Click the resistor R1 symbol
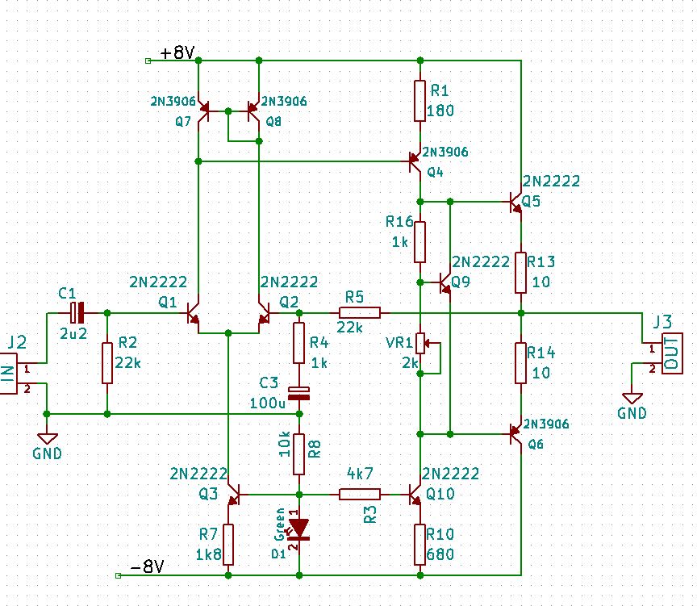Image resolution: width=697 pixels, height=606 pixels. click(419, 101)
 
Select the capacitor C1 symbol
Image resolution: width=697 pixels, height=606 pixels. click(77, 313)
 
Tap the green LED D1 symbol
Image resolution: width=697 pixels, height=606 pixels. click(298, 529)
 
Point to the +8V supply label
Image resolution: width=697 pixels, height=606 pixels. click(177, 53)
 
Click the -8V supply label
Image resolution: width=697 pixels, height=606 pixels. click(147, 567)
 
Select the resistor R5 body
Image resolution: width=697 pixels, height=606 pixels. click(360, 313)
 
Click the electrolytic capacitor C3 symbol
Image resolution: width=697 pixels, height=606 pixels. click(299, 394)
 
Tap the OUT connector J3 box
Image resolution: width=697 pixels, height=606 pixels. click(672, 353)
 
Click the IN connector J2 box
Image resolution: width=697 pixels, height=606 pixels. click(8, 374)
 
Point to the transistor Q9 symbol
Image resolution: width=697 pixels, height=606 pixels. click(444, 282)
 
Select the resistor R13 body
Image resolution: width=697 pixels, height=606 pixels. click(520, 273)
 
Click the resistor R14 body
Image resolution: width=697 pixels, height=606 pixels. click(520, 363)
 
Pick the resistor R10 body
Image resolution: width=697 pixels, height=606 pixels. click(419, 545)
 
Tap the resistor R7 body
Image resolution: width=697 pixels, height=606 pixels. click(228, 545)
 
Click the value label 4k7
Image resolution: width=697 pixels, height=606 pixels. click(360, 474)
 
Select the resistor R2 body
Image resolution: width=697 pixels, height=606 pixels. click(107, 363)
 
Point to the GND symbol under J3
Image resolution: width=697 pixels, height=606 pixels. click(632, 399)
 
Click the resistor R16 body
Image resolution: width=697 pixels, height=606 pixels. click(419, 242)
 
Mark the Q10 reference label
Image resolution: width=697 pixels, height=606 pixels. click(440, 494)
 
